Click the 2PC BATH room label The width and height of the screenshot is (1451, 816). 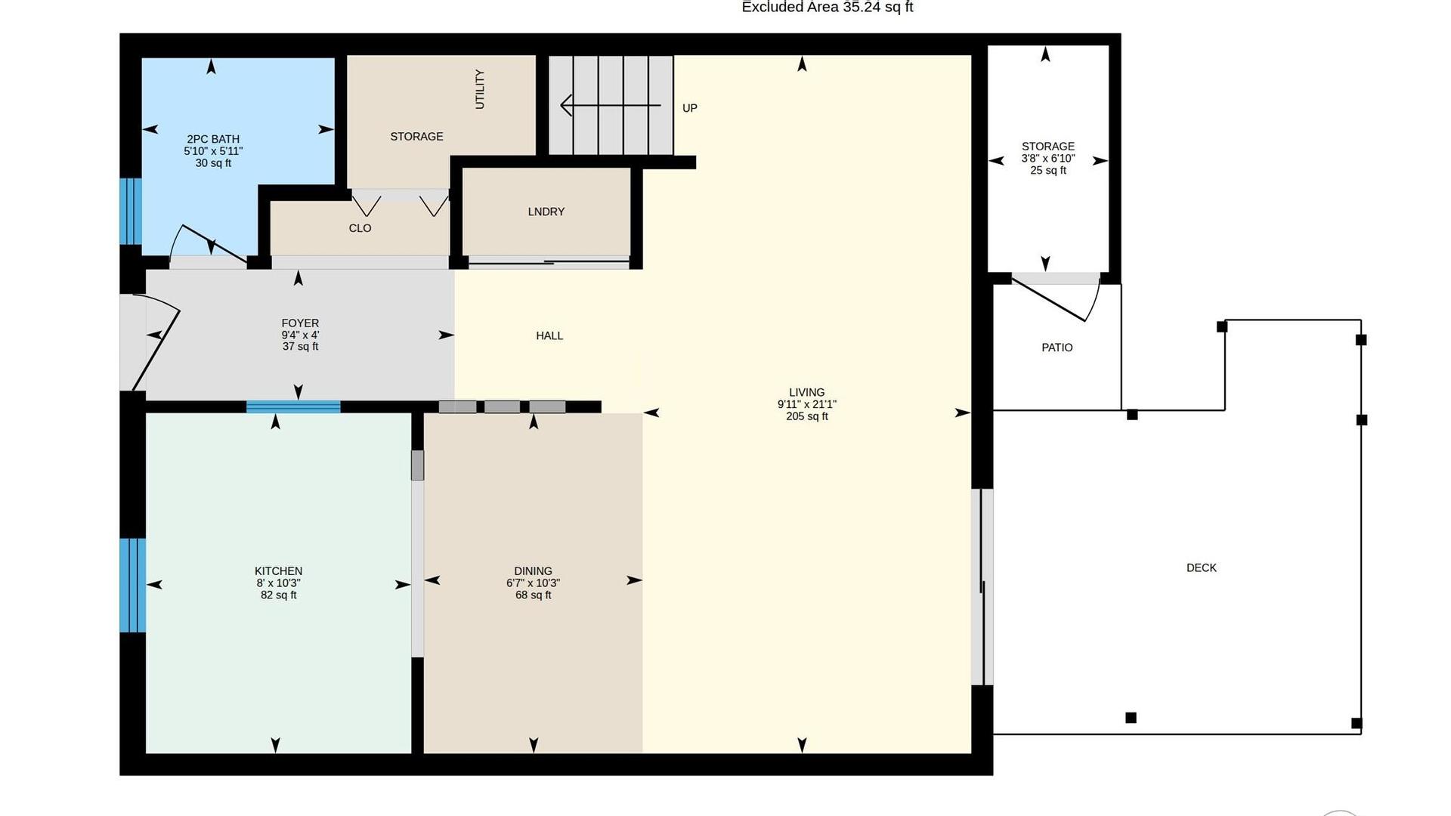[x=213, y=139]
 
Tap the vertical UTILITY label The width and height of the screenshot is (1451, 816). [x=480, y=89]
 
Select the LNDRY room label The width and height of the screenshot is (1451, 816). [x=546, y=212]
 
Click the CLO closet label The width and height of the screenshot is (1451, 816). [x=360, y=228]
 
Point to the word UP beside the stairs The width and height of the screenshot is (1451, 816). [x=689, y=108]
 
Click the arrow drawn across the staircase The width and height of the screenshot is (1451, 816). [x=611, y=106]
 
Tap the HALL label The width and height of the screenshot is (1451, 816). [x=549, y=335]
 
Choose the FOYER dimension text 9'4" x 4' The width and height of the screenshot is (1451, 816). [x=300, y=335]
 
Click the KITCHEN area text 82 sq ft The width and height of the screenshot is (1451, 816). [x=278, y=595]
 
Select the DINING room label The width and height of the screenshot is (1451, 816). [x=533, y=571]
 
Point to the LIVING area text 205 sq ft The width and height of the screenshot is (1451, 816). [x=806, y=416]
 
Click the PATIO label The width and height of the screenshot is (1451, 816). [x=1057, y=348]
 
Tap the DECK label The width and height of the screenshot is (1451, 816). [x=1201, y=568]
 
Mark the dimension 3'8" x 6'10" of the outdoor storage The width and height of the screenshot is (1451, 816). [x=1047, y=159]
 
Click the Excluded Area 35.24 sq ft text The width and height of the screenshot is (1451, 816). [x=828, y=7]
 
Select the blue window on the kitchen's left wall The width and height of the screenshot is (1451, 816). [x=132, y=585]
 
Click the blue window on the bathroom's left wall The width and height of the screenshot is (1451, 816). [x=131, y=212]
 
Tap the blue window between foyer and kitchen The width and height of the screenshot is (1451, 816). [x=293, y=406]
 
